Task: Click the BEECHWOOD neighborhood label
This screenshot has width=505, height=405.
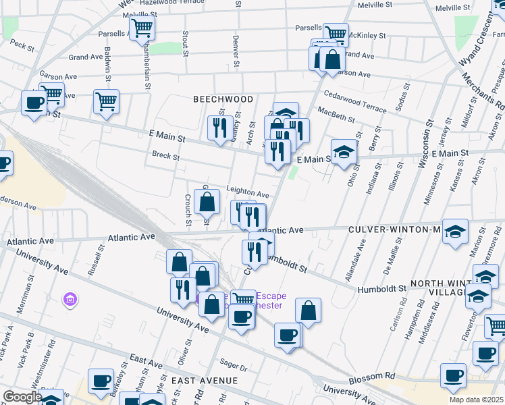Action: tap(223, 99)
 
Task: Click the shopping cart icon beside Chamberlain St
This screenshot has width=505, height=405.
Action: tap(142, 29)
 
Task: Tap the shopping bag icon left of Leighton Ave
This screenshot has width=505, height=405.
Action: tap(207, 201)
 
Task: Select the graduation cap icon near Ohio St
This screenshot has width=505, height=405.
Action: tap(344, 152)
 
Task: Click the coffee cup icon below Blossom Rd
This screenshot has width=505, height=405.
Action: tap(453, 375)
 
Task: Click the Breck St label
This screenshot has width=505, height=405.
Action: tap(166, 157)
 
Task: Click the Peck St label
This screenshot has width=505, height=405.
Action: tap(22, 46)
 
